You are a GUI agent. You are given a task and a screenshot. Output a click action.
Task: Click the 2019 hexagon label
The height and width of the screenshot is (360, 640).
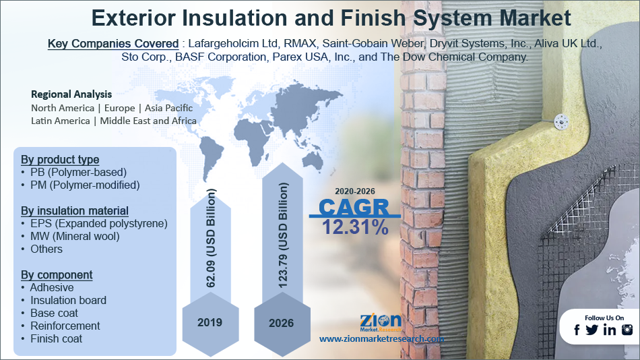coord(210,322)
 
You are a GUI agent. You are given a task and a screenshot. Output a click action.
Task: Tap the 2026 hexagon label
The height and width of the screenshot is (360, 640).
coord(281,323)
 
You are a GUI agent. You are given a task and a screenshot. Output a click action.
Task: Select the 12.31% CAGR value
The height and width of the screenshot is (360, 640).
coord(355,227)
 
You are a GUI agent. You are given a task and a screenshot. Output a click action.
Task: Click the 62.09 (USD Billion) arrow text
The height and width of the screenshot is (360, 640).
coord(211,238)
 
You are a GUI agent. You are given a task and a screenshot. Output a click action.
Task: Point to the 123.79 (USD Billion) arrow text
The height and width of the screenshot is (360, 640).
coord(282,235)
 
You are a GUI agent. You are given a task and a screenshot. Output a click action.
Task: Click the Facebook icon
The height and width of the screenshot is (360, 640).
coord(577,330)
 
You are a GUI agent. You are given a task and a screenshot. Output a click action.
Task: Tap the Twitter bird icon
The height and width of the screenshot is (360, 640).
coord(591,330)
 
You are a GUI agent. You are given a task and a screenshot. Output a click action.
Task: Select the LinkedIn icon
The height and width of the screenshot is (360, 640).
coord(610,330)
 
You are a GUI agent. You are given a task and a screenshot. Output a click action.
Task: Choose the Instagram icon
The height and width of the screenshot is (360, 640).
coord(627,330)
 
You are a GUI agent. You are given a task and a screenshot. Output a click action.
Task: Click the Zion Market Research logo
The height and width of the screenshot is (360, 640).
coord(381,322)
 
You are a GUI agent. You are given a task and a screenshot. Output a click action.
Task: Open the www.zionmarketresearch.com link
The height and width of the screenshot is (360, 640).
coord(381,338)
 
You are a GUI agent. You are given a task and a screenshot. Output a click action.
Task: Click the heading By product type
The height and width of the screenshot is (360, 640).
coord(60,159)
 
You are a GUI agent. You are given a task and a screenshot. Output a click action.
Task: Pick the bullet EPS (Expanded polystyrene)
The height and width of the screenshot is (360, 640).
coord(99,224)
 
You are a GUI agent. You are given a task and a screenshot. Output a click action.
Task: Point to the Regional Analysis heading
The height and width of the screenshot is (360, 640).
coord(71,94)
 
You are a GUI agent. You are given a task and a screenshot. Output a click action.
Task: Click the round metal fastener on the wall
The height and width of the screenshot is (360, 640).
coord(561,121)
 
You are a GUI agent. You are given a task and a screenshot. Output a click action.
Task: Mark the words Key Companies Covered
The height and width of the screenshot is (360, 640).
coord(113,43)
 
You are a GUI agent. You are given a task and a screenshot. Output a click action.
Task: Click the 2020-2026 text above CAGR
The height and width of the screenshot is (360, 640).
coord(354,191)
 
